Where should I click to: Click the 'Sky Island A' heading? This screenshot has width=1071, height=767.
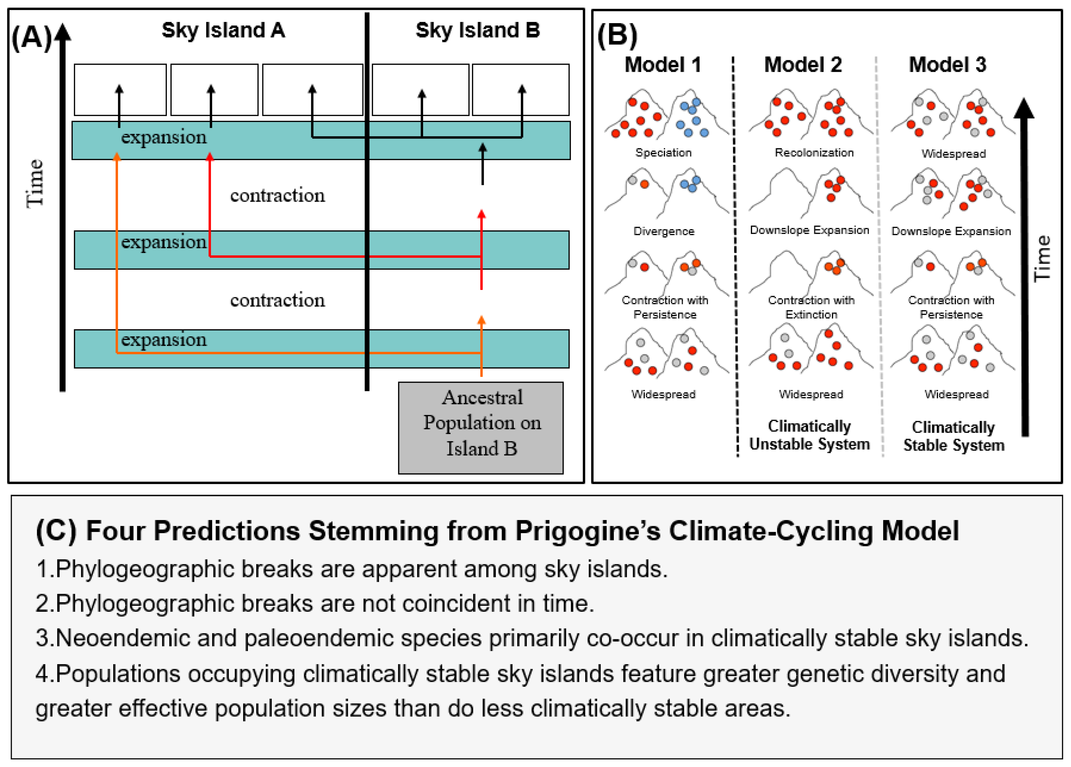pos(223,30)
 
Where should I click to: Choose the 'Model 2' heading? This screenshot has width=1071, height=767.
pos(803,65)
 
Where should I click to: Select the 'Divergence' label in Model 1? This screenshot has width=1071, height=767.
pos(663,231)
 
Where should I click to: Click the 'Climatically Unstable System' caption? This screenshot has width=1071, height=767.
pos(809,435)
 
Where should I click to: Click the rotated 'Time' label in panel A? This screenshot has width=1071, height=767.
pos(35,183)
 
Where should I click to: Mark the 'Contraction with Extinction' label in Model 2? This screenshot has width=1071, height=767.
pos(811,307)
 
